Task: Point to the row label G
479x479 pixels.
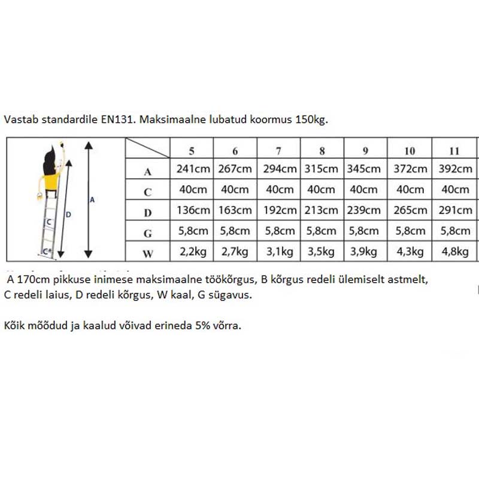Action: [x=147, y=233]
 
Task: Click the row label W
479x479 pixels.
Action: [x=147, y=253]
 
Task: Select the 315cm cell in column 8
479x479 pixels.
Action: [x=323, y=169]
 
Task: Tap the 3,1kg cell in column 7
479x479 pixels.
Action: [x=278, y=251]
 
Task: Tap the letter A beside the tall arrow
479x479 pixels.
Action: [x=92, y=200]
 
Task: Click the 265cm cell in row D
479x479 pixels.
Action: [x=410, y=210]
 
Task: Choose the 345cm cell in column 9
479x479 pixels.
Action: [x=366, y=169]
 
